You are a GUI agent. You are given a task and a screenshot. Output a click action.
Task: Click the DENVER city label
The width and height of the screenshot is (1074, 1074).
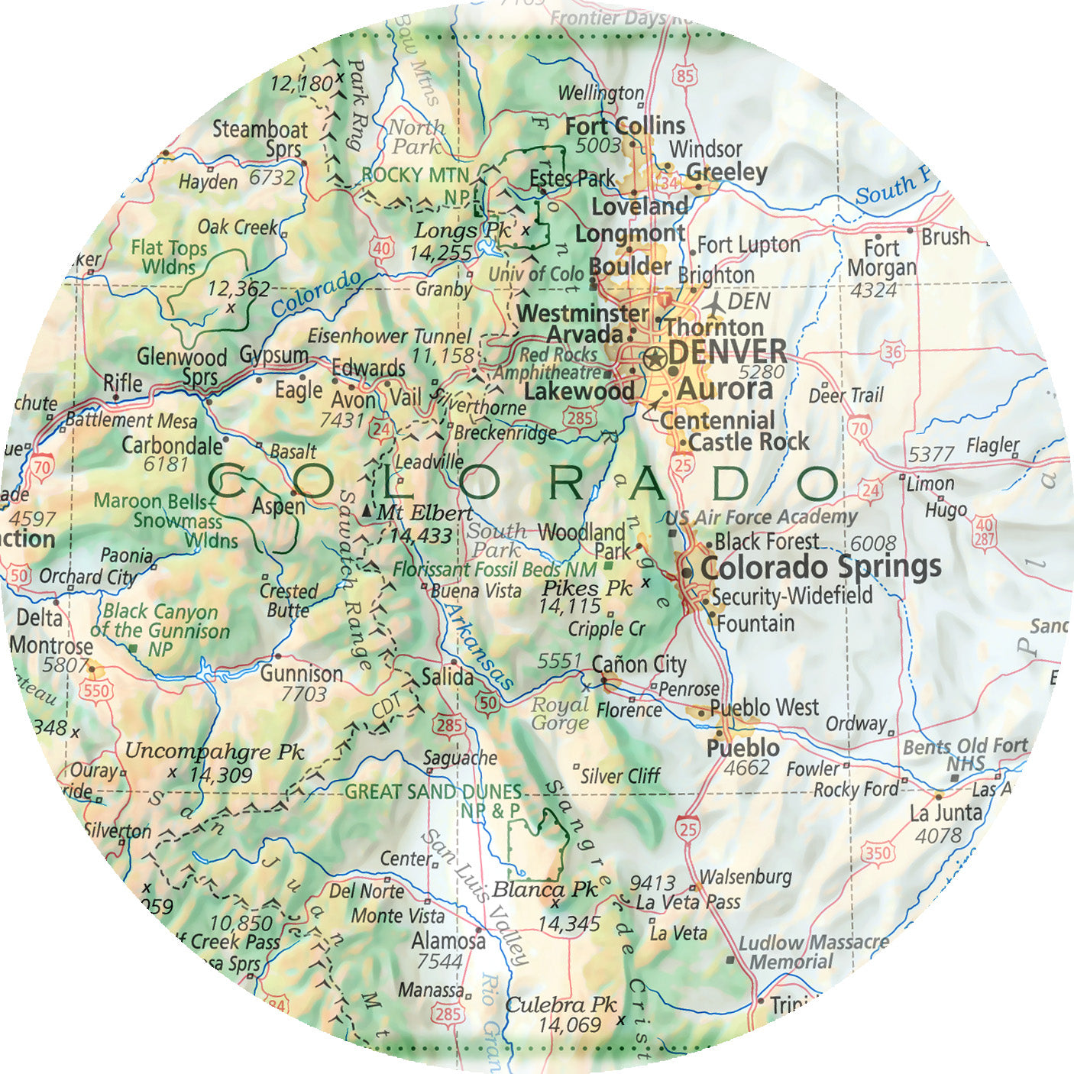coord(726,352)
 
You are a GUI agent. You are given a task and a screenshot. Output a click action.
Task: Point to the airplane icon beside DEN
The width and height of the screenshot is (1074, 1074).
coord(714,303)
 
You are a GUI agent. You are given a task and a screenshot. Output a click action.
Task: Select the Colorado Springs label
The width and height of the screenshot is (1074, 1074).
coord(820,568)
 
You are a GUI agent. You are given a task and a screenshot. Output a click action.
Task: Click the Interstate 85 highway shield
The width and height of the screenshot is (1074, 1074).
coord(685,75)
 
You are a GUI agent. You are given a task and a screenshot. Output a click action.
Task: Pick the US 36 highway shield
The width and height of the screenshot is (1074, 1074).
coord(891,352)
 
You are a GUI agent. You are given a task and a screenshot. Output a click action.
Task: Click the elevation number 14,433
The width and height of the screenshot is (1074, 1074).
coord(421,536)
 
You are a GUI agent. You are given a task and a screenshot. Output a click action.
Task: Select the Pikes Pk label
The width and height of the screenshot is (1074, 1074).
coord(587,588)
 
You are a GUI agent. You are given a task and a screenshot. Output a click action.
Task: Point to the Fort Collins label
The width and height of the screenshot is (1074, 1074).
coord(625,126)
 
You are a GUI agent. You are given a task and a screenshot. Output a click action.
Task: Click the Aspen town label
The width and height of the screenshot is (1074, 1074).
coord(278,506)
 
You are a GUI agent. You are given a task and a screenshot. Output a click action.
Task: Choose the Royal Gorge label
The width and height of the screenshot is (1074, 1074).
coord(560,713)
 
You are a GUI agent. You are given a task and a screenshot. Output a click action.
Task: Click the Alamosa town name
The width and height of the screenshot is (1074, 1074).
coord(448,941)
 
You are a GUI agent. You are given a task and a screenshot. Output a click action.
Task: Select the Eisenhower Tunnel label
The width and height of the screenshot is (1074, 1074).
coord(390,336)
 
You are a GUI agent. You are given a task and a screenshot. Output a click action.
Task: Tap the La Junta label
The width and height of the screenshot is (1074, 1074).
coord(946,813)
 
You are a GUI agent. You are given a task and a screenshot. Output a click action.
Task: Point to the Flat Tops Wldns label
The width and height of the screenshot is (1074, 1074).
coord(169,257)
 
